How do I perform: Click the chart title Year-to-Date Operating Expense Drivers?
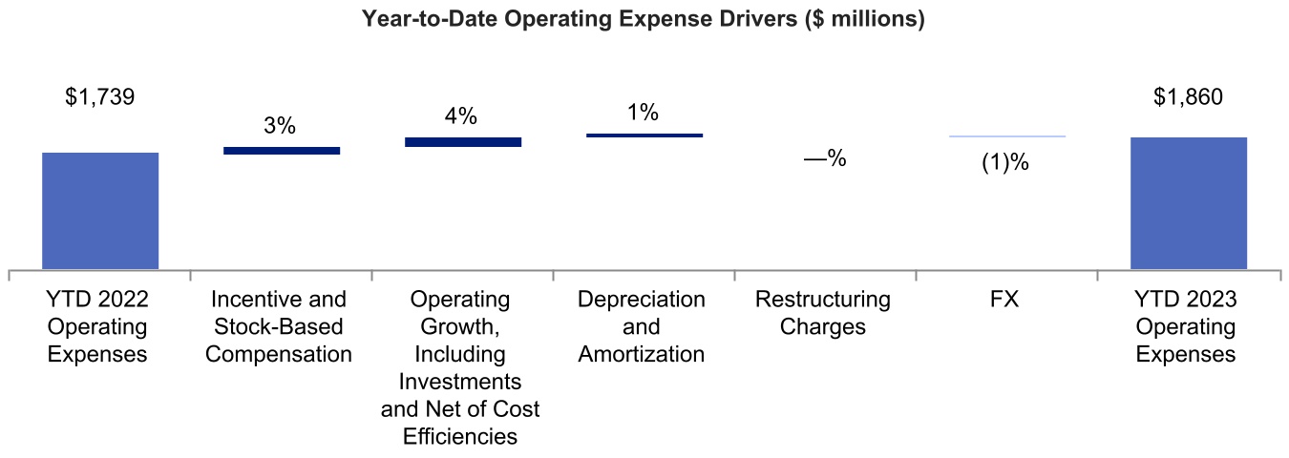[x=643, y=20]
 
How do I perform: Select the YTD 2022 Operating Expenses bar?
[x=100, y=211]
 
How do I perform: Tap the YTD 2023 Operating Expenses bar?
[x=1188, y=203]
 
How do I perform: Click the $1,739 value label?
[x=100, y=97]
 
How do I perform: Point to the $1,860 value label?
[x=1188, y=97]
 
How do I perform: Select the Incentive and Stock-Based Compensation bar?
[x=282, y=150]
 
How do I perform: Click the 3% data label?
[x=281, y=126]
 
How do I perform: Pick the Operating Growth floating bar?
[x=463, y=141]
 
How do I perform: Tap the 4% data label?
[x=461, y=116]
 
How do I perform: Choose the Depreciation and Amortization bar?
[x=644, y=135]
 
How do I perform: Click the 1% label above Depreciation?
[x=644, y=113]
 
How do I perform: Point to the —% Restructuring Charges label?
[x=825, y=159]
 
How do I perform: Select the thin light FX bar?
[x=1006, y=136]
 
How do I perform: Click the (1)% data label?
[x=1005, y=163]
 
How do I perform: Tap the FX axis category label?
[x=1004, y=300]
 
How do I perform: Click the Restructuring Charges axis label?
[x=823, y=313]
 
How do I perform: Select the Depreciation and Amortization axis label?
[x=642, y=326]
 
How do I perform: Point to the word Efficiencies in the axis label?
[x=460, y=437]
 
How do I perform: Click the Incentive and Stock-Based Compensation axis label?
[x=280, y=326]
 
